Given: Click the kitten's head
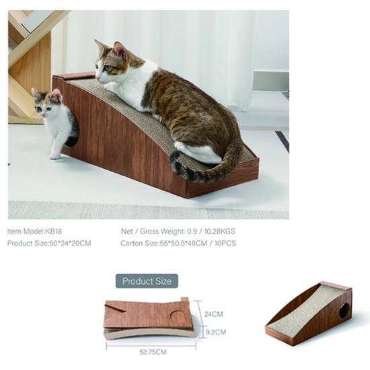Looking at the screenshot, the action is (47, 103).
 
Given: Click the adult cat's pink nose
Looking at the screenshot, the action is (97, 77).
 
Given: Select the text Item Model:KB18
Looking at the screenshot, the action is (34, 231).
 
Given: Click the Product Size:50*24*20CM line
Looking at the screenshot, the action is (49, 243).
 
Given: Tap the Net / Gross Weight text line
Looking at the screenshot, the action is (178, 231).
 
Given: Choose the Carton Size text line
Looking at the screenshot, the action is (178, 243).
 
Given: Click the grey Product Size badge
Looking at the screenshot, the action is (147, 281).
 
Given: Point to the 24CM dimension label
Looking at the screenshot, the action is (214, 314).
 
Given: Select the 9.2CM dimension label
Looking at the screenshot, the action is (216, 332).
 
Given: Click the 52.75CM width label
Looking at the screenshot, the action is (153, 352).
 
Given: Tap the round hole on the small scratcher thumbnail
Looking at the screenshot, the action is (344, 311).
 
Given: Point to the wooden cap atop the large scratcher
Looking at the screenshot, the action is (73, 76).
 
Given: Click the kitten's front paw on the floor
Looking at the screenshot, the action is (54, 157).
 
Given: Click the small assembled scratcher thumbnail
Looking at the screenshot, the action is (309, 313).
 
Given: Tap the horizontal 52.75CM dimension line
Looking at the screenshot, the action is (151, 346).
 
